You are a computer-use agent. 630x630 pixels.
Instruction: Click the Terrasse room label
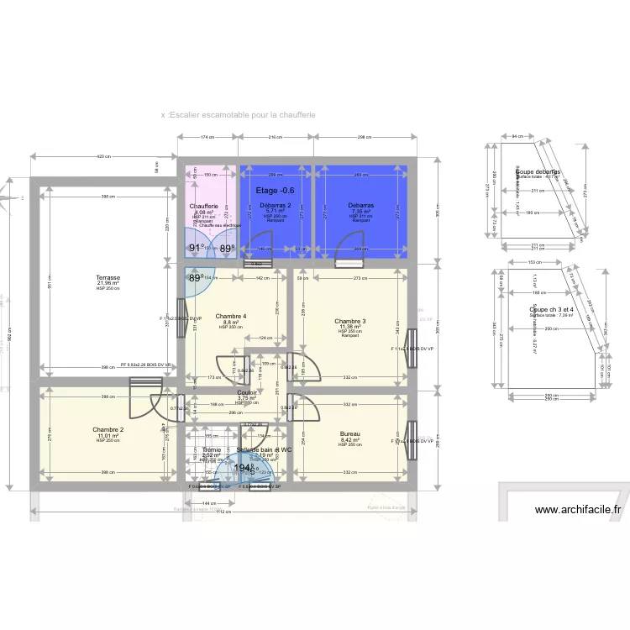[108, 277]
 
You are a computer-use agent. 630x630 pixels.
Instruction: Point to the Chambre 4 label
[230, 316]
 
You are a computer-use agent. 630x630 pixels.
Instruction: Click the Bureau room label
[350, 433]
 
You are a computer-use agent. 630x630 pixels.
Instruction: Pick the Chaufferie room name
[205, 207]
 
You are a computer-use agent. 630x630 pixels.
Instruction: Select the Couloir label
[247, 392]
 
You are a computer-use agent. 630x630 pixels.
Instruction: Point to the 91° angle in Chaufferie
[197, 248]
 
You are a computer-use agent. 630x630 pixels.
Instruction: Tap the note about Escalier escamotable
[239, 115]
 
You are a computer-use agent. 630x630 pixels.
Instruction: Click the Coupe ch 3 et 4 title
[551, 310]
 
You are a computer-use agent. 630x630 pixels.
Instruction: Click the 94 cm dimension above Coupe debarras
[517, 134]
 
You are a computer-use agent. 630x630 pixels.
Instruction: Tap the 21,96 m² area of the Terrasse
[108, 283]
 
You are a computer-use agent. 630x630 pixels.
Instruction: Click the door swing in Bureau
[302, 409]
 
